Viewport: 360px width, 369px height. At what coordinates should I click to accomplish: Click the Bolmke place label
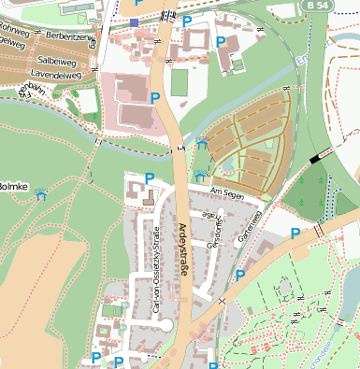click(13, 187)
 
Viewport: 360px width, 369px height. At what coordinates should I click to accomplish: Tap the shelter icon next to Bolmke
click(41, 197)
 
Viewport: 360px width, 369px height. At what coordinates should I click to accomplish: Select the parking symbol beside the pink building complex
click(154, 97)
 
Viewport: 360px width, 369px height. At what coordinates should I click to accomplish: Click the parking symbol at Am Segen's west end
click(149, 178)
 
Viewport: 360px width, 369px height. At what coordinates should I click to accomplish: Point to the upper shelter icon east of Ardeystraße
click(203, 143)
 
